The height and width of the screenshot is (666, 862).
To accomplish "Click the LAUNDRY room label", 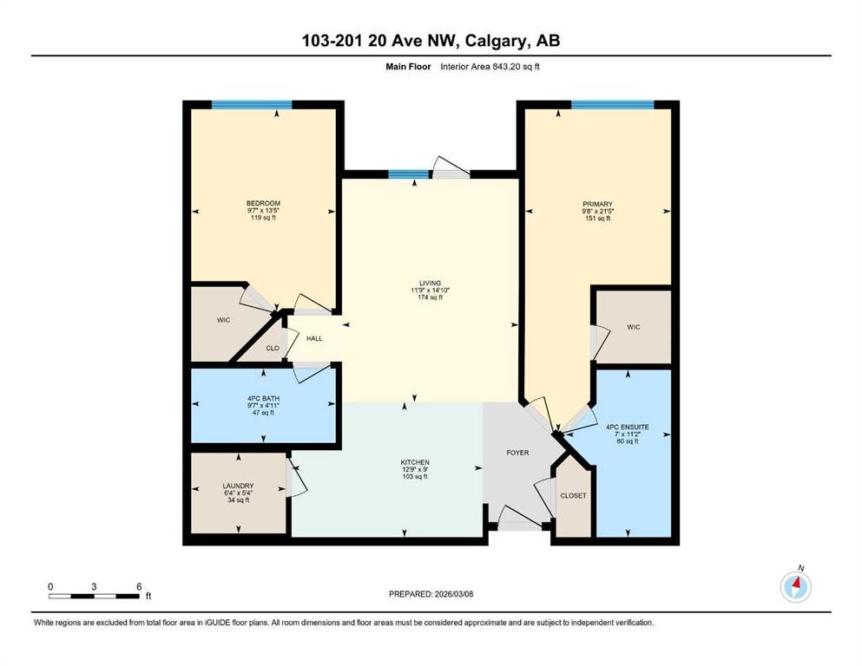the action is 238,486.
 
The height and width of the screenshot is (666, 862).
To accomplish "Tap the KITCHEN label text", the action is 415,462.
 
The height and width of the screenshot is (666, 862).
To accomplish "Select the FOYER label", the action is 517,453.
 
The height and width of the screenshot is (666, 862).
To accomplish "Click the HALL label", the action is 314,338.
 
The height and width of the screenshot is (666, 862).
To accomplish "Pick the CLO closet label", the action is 273,348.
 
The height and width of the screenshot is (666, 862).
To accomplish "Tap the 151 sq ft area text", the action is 597,219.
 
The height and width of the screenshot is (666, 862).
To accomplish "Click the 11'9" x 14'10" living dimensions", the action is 430,291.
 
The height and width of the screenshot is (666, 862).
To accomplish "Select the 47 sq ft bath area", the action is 263,413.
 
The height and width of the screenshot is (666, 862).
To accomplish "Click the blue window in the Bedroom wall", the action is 252,105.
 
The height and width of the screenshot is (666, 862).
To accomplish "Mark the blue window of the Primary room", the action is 612,105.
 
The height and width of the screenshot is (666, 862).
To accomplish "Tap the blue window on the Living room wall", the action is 409,174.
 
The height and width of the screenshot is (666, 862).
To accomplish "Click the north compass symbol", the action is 796,586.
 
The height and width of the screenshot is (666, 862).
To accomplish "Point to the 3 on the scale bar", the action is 94,586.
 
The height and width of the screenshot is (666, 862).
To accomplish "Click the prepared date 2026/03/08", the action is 453,594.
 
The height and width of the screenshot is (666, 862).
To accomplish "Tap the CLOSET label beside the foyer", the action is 574,495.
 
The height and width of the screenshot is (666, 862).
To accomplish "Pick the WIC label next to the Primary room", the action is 634,327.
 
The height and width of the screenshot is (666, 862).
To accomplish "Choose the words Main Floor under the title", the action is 408,67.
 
